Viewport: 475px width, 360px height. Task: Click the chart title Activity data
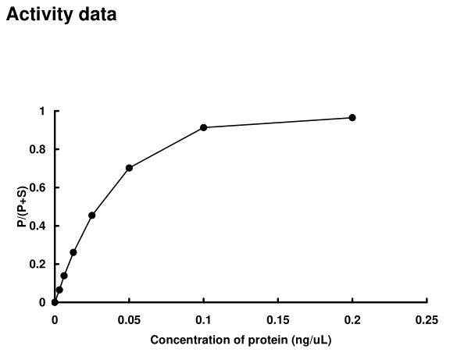(62, 15)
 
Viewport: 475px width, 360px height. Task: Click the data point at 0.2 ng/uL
(352, 117)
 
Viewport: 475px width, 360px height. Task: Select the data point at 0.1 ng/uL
(203, 127)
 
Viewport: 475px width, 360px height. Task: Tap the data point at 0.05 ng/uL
(129, 168)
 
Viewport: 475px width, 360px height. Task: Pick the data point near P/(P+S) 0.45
(92, 215)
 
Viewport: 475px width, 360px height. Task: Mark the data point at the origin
(55, 302)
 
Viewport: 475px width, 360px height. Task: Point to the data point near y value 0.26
(73, 252)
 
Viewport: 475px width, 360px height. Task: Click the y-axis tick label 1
(42, 111)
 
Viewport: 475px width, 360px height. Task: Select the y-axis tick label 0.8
(38, 149)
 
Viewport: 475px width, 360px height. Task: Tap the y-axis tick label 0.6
(38, 187)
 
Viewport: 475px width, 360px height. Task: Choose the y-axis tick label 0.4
(38, 226)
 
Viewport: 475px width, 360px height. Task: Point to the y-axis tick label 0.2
(38, 264)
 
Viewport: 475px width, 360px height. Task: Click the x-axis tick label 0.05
(129, 319)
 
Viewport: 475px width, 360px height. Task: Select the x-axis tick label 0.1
(203, 319)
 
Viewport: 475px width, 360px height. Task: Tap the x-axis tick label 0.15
(277, 319)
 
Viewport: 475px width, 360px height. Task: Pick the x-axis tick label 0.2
(352, 319)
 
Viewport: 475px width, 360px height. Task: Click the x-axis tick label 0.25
(427, 319)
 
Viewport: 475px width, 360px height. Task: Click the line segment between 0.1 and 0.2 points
(277, 123)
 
